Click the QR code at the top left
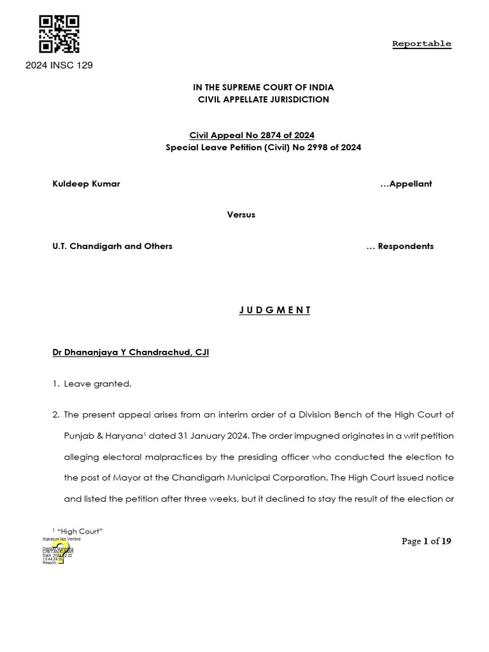click(59, 34)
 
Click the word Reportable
click(422, 44)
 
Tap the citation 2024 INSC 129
click(59, 65)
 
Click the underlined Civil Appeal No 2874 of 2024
click(252, 135)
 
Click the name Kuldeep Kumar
click(86, 184)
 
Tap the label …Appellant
click(406, 184)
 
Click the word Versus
click(241, 215)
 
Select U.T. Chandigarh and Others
click(112, 246)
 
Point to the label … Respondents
click(400, 246)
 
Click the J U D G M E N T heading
click(275, 310)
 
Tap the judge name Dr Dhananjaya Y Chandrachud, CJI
click(131, 352)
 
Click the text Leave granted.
click(97, 383)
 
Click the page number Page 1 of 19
click(426, 541)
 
